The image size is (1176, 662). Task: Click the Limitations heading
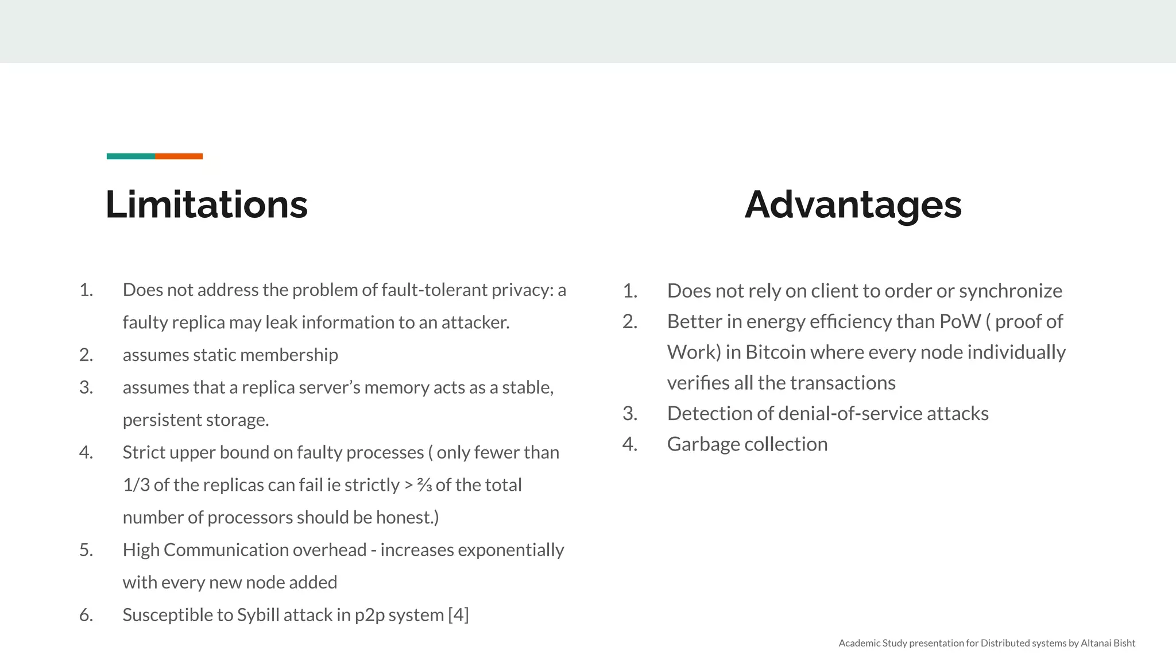click(x=207, y=205)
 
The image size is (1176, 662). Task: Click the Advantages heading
click(x=853, y=205)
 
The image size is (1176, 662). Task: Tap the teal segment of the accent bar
click(x=130, y=156)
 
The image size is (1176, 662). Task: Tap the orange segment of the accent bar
click(x=179, y=156)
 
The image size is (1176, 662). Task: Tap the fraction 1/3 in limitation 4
click(x=136, y=485)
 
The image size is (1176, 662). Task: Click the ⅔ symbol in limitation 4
click(x=424, y=486)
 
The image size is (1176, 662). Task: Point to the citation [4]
click(x=458, y=615)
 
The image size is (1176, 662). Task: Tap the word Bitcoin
click(x=775, y=352)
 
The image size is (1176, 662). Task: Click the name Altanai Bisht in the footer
click(x=1108, y=643)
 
